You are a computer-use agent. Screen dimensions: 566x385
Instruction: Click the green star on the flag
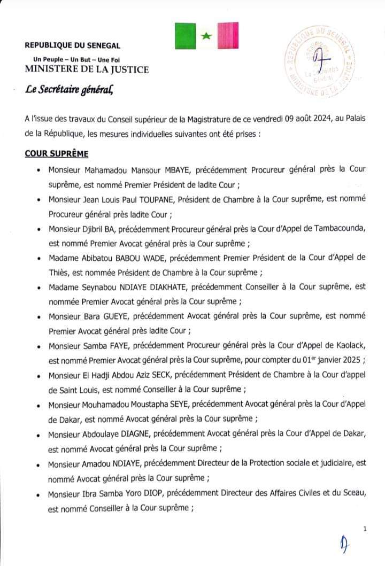click(206, 36)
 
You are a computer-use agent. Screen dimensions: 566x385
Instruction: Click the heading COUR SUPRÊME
click(56, 154)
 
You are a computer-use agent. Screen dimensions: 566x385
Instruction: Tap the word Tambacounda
click(338, 228)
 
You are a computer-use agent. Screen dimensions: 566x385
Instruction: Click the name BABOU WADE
click(143, 257)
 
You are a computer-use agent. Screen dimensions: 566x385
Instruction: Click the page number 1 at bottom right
click(365, 529)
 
